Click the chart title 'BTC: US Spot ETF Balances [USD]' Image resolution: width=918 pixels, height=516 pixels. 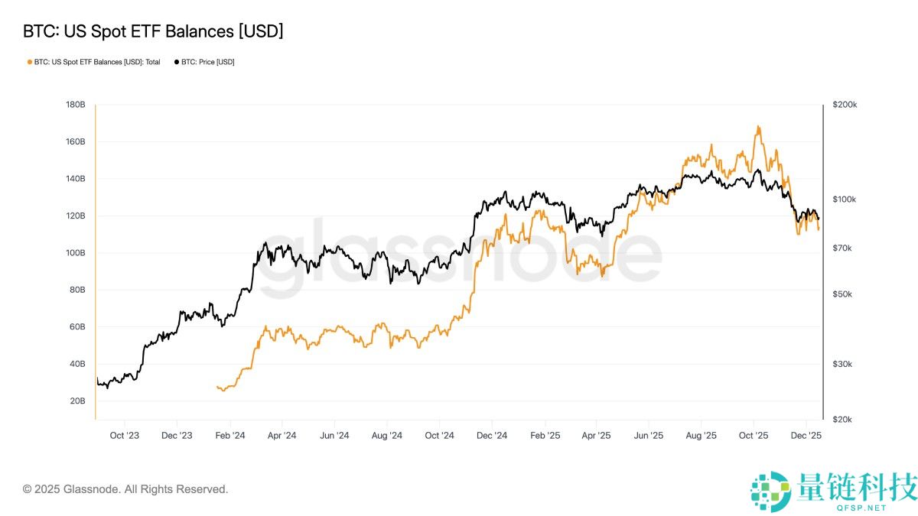coord(153,31)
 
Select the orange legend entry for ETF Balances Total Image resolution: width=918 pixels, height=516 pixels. coord(93,62)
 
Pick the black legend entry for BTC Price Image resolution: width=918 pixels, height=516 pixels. coord(204,62)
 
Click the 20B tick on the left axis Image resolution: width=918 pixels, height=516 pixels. coord(76,401)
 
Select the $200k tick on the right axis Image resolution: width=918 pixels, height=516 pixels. coord(845,105)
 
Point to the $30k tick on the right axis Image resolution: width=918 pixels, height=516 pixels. coord(843,364)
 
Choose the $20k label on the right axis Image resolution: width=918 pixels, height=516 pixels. coord(843,420)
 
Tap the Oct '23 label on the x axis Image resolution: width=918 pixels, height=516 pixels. coord(124,436)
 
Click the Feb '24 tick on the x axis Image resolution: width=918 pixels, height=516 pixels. coord(229,436)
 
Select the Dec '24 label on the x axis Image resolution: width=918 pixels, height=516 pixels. coord(492,436)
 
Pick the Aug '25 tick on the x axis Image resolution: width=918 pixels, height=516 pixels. coord(701,436)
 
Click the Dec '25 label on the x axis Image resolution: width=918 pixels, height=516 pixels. coord(806,436)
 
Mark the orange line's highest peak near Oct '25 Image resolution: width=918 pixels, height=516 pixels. coord(758,126)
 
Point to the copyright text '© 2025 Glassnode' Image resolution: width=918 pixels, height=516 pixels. coord(125,489)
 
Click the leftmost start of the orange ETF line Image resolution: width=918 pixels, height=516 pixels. coord(217,388)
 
